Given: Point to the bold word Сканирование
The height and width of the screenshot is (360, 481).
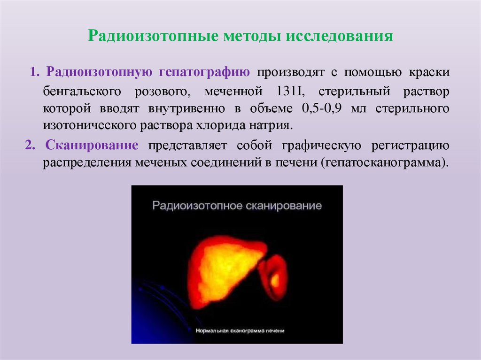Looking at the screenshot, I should tap(92, 145).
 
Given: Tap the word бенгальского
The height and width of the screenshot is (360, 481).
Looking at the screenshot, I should tap(82, 91).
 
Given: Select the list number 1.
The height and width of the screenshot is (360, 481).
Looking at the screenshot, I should tap(34, 73).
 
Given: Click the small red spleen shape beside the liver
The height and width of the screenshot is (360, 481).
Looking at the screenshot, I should tap(274, 277).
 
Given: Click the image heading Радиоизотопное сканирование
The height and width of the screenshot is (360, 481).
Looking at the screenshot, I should tap(237, 206).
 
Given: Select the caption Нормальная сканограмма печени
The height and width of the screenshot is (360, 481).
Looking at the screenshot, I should tap(240, 330).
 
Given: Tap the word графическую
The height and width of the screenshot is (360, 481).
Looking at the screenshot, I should tap(322, 145).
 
